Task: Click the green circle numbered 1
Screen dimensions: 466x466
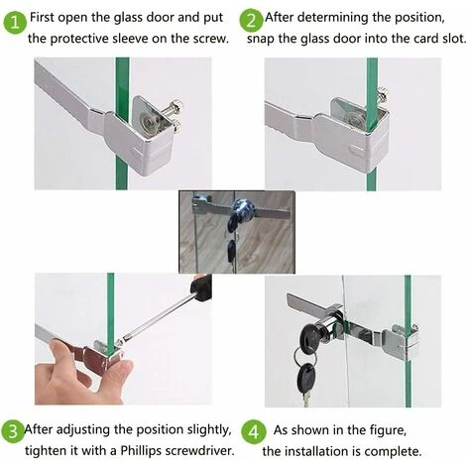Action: pos(15,23)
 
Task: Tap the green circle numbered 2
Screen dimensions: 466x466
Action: pos(251,21)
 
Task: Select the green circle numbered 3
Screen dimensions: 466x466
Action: pos(13,431)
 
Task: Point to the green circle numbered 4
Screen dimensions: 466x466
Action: pos(253,432)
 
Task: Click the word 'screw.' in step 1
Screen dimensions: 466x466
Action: pos(211,39)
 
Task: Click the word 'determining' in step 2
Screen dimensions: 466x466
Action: pos(333,18)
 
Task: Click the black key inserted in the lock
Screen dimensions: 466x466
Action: pos(310,335)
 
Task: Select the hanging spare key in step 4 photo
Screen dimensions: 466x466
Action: pos(306,380)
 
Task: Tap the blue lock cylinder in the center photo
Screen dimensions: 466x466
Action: pos(242,208)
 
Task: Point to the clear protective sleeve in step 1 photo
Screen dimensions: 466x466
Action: pos(147,119)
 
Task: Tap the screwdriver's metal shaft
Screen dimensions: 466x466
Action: pos(157,316)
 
